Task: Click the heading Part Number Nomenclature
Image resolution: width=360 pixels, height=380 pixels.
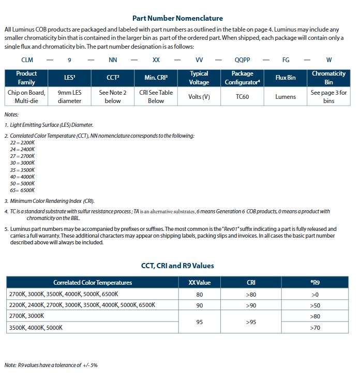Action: click(177, 18)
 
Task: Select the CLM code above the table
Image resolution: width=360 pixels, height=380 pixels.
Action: click(27, 60)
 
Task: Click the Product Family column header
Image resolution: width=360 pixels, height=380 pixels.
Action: click(27, 78)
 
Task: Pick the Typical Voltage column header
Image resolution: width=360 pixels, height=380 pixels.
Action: click(199, 78)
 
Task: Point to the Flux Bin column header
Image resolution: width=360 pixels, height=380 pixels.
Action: click(286, 78)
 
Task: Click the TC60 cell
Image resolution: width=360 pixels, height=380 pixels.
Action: click(242, 97)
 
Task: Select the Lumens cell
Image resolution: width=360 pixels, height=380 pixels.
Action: click(286, 97)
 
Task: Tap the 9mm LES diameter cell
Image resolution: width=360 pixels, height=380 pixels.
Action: click(69, 97)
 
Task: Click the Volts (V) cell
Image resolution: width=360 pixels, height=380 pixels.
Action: click(199, 97)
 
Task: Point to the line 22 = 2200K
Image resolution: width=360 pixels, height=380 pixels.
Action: click(22, 142)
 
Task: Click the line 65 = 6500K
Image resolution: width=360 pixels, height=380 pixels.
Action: click(22, 190)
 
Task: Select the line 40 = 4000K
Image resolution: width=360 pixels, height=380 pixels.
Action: click(22, 177)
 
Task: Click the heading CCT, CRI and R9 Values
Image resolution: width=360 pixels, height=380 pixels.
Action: click(177, 266)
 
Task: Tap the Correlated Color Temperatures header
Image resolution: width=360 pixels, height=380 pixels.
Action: click(93, 283)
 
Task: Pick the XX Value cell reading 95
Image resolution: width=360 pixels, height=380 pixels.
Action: click(200, 321)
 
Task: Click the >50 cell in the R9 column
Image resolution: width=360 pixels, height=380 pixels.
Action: click(314, 305)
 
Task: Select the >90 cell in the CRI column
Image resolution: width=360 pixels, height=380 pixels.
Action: click(251, 305)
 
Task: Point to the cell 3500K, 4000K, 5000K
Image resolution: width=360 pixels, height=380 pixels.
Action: click(36, 327)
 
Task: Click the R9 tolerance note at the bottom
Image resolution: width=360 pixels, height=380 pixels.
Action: click(51, 365)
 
